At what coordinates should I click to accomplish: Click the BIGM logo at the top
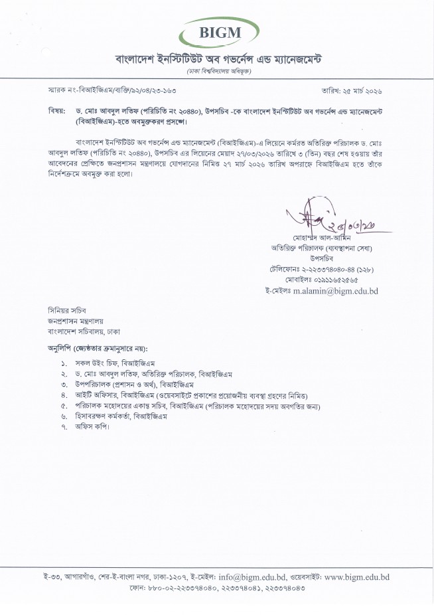216,29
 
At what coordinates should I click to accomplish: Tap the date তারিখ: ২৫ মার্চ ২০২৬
362,88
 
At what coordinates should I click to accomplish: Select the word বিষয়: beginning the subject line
56,107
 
